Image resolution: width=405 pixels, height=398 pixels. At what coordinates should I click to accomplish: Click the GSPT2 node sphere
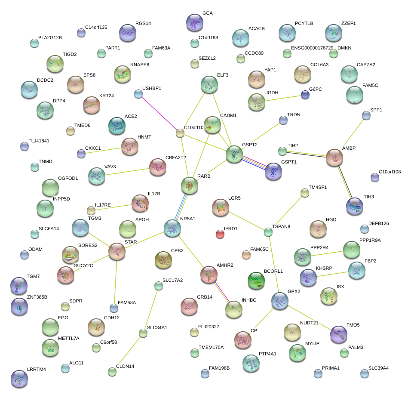234,154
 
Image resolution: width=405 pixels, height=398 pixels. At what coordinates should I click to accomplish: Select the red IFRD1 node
220,234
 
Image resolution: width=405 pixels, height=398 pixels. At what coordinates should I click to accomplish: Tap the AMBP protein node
334,157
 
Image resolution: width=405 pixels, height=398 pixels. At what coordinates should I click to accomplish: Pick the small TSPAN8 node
268,232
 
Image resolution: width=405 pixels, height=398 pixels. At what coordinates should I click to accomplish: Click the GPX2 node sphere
279,300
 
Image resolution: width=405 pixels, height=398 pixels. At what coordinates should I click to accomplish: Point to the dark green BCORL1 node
256,281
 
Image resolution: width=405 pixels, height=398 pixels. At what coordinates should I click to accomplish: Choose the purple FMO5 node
338,334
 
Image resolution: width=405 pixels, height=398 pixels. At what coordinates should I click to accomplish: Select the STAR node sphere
117,251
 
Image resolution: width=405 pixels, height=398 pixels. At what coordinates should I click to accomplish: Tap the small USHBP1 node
138,93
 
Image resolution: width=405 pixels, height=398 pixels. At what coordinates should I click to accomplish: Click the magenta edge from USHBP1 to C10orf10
159,113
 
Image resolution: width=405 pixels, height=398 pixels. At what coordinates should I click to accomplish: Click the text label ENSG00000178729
312,48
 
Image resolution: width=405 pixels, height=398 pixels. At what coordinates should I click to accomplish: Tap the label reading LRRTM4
36,369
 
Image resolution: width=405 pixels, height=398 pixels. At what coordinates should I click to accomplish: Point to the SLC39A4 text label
378,368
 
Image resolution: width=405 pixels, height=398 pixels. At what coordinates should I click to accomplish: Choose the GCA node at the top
195,22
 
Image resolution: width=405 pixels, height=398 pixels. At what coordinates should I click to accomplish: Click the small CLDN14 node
112,372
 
